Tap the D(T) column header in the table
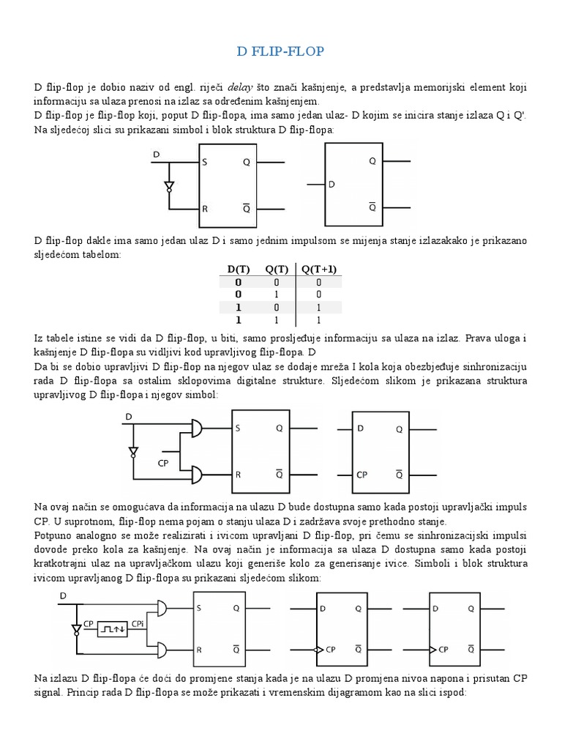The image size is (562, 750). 238,269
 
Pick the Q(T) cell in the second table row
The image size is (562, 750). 276,295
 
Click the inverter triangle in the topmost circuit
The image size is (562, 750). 170,183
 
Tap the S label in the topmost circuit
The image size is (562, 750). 206,161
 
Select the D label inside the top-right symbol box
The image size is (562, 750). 332,185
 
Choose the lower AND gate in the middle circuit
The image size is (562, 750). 197,474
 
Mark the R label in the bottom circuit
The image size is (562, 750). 200,648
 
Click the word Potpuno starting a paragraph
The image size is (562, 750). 53,536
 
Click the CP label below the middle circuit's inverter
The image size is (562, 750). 164,463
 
